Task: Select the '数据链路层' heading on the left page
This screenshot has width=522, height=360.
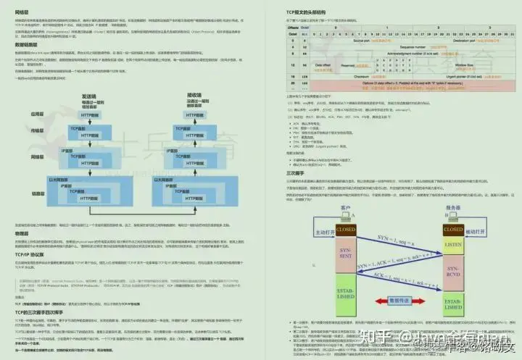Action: click(x=24, y=44)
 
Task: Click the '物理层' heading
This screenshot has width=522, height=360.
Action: click(x=22, y=234)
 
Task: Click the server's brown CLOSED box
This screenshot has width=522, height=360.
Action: click(x=452, y=230)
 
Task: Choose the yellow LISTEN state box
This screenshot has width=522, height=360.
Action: click(x=452, y=248)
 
